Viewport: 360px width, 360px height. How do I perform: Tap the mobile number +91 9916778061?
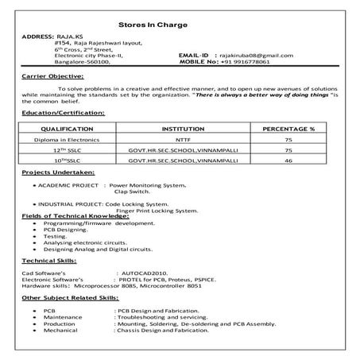click(x=253, y=61)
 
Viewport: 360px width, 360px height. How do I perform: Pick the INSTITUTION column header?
click(x=181, y=128)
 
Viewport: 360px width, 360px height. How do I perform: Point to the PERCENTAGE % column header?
click(x=288, y=128)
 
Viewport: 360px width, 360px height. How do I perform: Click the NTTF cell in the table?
click(x=181, y=138)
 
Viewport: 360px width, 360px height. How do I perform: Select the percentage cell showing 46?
click(x=288, y=161)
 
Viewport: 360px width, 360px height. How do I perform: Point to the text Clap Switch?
click(x=131, y=192)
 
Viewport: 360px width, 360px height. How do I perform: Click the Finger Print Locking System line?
click(x=157, y=211)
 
